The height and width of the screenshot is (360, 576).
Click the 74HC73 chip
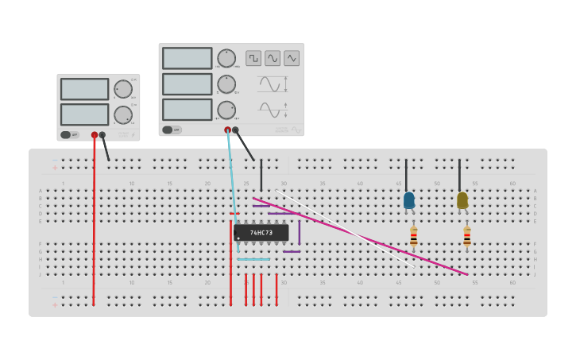point(261,233)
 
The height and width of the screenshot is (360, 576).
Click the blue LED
point(409,200)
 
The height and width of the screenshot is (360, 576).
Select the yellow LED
point(462,200)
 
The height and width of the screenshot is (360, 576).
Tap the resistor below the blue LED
point(413,237)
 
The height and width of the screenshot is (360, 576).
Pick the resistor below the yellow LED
point(467,237)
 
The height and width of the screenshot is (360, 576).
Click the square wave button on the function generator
point(253,58)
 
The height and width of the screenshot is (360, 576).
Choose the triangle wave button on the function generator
point(292,58)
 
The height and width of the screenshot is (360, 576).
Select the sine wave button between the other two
point(273,58)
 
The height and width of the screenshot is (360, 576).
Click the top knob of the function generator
point(226,58)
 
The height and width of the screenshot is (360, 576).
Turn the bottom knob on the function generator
point(226,110)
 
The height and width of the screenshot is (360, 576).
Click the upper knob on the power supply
point(122,88)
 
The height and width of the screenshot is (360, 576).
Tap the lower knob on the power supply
point(122,114)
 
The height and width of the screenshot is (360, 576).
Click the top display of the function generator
point(187,58)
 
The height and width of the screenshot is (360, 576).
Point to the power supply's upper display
point(84,88)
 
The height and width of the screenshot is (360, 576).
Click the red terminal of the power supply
point(95,135)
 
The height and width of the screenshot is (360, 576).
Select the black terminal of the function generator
point(235,130)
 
